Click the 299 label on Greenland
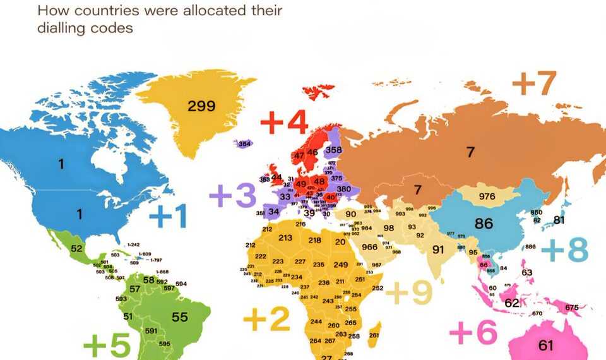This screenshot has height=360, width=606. (201, 105)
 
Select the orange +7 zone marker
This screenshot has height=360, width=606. (534, 83)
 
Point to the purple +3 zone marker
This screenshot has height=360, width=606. (233, 195)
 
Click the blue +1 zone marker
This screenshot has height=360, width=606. (168, 217)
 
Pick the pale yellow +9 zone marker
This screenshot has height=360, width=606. (409, 292)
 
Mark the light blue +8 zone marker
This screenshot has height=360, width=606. (564, 250)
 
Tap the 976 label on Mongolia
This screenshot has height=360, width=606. (487, 196)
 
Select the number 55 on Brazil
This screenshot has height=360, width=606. (180, 317)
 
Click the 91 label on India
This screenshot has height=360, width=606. (438, 249)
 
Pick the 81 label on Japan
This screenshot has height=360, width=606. (559, 220)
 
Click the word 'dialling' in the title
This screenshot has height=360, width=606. (66, 28)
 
